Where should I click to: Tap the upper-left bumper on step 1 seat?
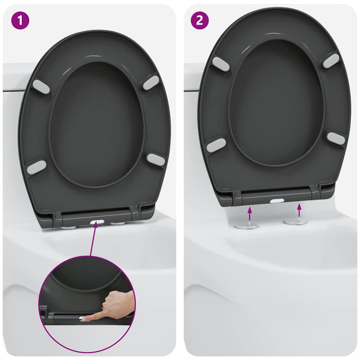(41, 87)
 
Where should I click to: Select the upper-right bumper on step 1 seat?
(151, 82)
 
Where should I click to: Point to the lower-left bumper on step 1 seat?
(36, 167)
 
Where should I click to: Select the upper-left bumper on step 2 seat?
(220, 64)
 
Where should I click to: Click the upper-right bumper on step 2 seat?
(331, 61)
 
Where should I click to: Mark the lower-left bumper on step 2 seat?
(216, 145)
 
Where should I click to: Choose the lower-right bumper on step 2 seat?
(336, 139)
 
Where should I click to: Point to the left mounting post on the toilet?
(249, 224)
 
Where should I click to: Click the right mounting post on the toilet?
(294, 221)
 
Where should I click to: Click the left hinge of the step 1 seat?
(59, 219)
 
